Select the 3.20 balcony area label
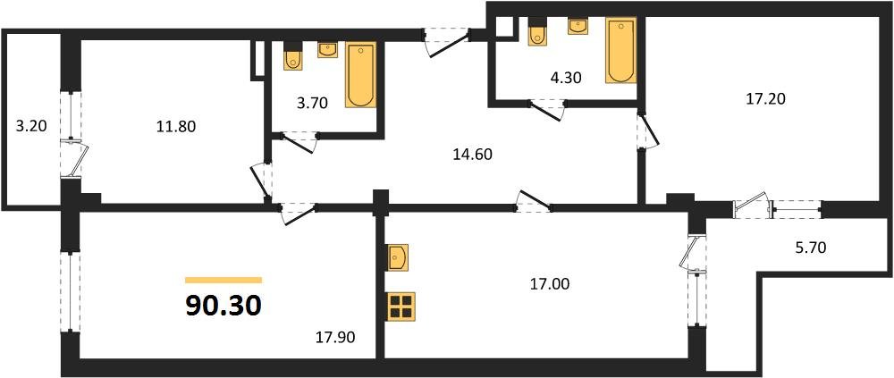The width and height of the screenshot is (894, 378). (x=31, y=126)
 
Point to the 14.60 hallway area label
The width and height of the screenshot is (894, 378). (x=471, y=154)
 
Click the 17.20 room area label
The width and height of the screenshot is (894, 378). (x=767, y=99)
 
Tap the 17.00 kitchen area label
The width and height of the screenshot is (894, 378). (x=549, y=284)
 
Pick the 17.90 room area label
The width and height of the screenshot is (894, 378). (x=336, y=338)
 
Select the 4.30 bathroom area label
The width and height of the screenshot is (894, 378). (x=565, y=78)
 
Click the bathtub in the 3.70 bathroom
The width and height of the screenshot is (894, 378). (x=360, y=74)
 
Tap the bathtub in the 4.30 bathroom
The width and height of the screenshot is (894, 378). (x=620, y=51)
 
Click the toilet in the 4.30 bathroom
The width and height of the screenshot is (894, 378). (x=538, y=34)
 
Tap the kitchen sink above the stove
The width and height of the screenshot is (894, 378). (x=399, y=258)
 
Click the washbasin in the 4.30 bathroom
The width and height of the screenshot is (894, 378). (x=578, y=25)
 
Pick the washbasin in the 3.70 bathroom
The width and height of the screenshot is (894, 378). (x=328, y=49)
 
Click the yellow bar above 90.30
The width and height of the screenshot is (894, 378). (x=223, y=280)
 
